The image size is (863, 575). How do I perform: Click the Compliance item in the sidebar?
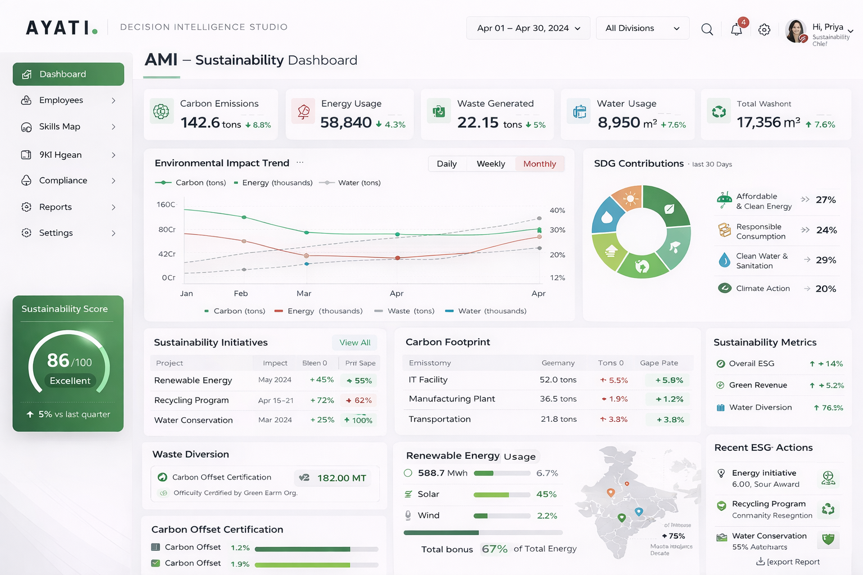(63, 180)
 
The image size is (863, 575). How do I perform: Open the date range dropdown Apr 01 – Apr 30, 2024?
(528, 28)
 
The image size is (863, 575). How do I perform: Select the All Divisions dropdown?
(642, 28)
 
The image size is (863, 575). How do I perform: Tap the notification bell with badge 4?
(737, 29)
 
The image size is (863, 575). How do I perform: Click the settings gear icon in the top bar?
(764, 30)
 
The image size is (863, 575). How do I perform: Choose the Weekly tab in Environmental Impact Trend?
(490, 164)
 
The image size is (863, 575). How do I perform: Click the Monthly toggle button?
(539, 164)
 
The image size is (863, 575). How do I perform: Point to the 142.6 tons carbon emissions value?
(211, 122)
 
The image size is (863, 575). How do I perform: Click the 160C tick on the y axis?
(166, 204)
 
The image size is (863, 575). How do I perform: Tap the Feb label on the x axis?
(240, 293)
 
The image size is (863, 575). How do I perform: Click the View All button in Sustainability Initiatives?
(355, 343)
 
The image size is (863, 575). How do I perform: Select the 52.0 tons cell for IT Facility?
(558, 380)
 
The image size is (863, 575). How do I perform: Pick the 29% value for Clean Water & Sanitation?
(826, 260)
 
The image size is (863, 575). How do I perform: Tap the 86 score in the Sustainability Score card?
(58, 360)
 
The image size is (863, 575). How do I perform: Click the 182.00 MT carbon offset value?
(342, 478)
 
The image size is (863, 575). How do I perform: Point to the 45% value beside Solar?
(546, 494)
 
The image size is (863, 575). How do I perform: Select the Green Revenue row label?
(758, 385)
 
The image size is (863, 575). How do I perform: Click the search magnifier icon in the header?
(707, 29)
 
